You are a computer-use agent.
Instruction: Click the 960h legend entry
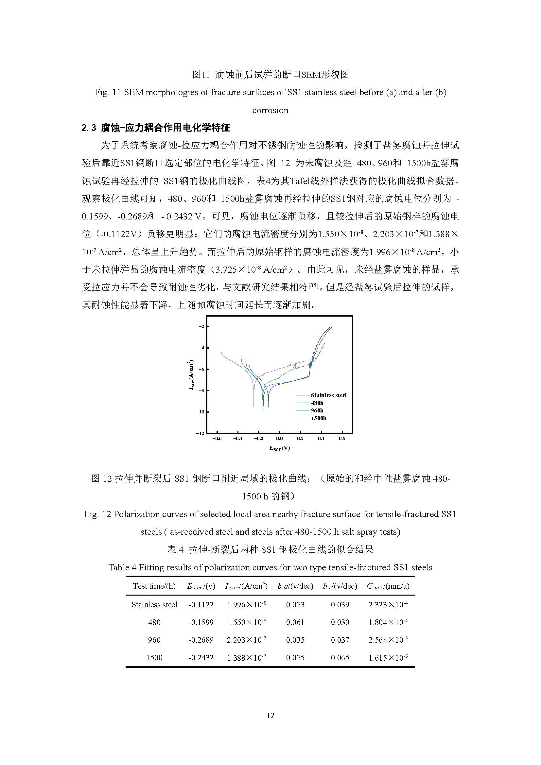pos(317,410)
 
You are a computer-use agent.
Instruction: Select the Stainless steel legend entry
pos(328,395)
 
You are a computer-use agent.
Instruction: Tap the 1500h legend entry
pos(319,418)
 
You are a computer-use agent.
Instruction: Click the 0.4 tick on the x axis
pos(321,438)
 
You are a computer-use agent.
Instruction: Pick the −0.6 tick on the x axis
pos(217,438)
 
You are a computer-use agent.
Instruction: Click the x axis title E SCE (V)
pos(279,448)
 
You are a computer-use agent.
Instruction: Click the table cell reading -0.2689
pos(201,640)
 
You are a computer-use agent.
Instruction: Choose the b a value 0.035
pos(295,640)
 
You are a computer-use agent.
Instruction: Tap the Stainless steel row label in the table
pos(154,604)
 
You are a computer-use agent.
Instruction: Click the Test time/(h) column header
pos(154,586)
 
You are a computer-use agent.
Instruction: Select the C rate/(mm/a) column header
pos(388,586)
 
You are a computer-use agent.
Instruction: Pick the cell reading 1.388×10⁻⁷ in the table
pos(246,657)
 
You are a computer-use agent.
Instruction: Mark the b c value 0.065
pos(340,657)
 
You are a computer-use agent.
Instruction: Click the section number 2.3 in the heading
pos(89,128)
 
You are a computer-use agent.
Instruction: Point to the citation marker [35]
pos(314,286)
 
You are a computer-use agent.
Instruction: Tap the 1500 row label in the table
pos(154,657)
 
